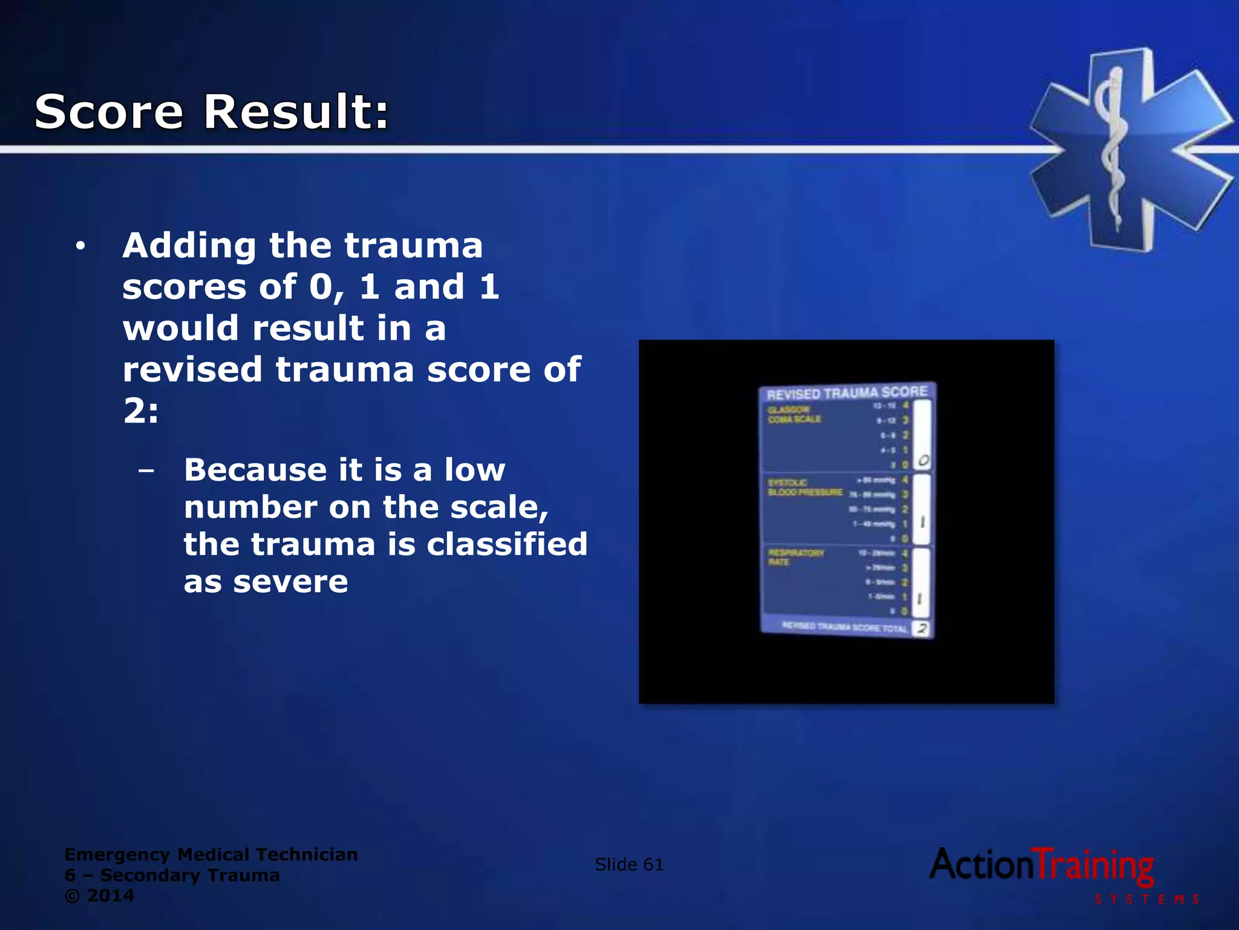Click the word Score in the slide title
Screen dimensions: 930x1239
click(109, 112)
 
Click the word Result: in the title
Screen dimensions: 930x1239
click(296, 112)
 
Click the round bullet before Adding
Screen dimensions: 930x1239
click(80, 246)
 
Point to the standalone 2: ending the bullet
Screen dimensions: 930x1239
click(141, 412)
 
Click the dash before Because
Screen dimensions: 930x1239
click(146, 470)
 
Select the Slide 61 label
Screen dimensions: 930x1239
click(629, 865)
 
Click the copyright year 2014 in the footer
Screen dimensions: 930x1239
click(111, 895)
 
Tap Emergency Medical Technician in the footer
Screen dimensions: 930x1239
click(211, 854)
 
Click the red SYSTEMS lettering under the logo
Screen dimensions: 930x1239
click(1146, 900)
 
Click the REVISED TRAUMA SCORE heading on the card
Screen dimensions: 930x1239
click(847, 393)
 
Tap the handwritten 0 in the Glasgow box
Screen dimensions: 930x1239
click(923, 461)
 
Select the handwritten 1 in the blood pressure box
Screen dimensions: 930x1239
click(923, 522)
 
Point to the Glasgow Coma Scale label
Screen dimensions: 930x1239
click(794, 415)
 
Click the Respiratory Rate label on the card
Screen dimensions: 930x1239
click(796, 558)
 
